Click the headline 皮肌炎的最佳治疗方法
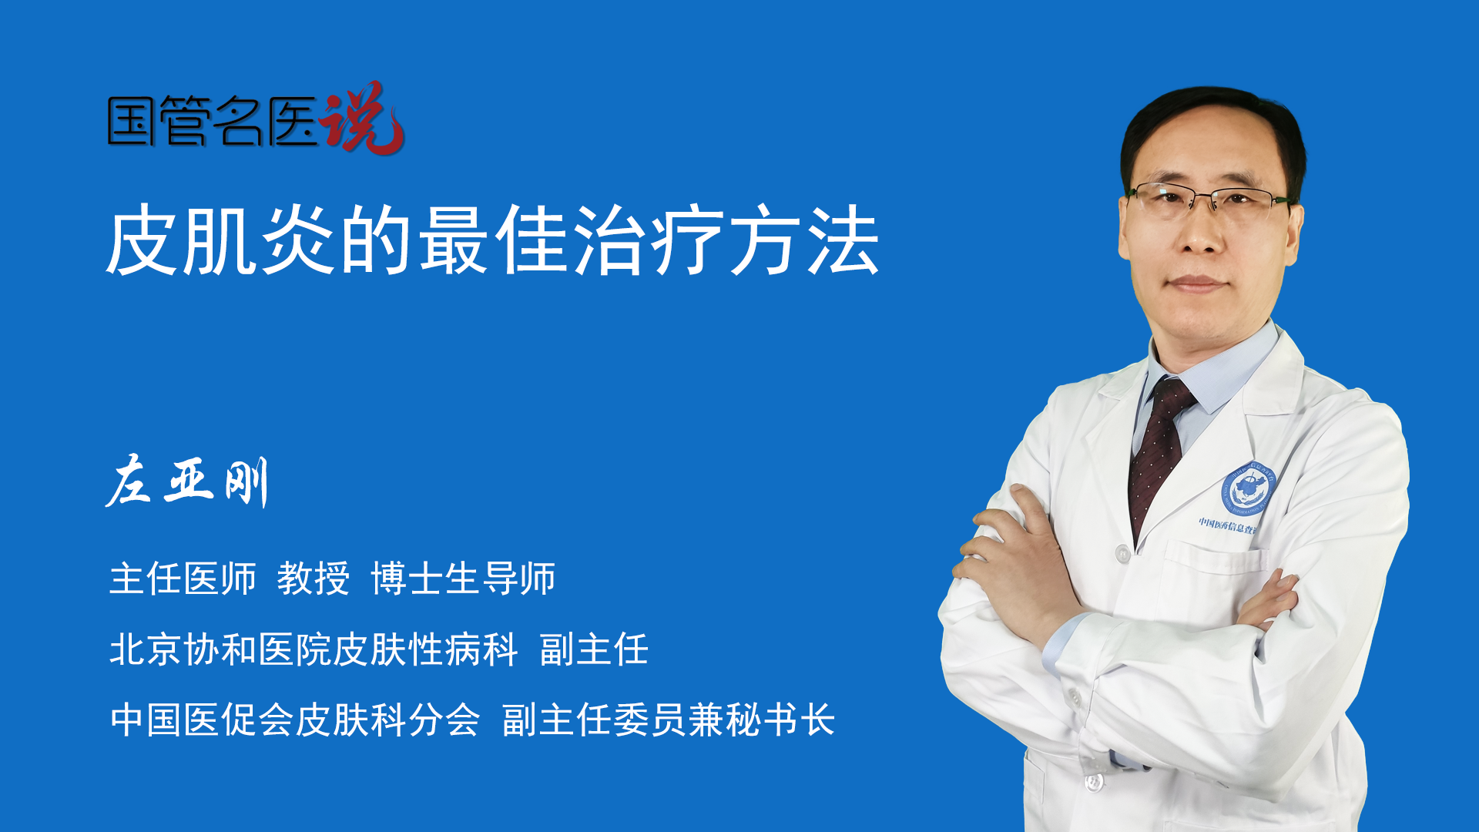(493, 241)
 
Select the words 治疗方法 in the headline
(726, 241)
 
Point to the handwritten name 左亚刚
(187, 481)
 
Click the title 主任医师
(183, 579)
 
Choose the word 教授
(314, 579)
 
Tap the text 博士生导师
(463, 579)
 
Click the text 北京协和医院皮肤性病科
(314, 649)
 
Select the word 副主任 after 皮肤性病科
(594, 649)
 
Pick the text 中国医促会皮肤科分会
(295, 720)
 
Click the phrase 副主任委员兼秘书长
(669, 720)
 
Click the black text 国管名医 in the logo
(213, 121)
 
